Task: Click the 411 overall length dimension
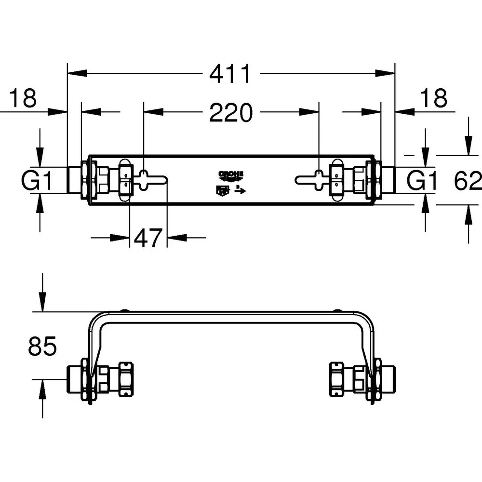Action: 230,74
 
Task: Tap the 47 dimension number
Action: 147,238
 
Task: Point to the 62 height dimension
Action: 468,181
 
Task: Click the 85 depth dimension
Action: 42,347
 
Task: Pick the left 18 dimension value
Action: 23,98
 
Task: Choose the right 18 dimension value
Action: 434,98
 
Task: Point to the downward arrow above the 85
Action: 43,304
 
